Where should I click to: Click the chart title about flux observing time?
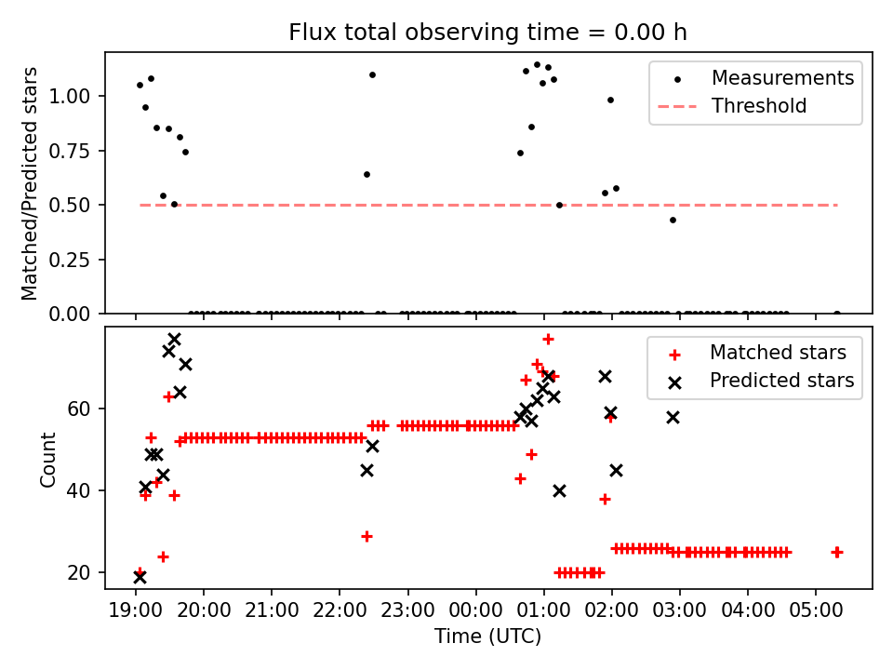487,33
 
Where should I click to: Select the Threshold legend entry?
759,106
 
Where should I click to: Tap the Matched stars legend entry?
778,353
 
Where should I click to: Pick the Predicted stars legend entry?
781,381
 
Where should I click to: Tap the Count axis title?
47,459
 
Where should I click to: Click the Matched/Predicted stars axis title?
30,183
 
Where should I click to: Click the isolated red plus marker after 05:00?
836,552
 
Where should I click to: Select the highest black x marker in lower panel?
174,339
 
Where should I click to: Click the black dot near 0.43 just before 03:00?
673,220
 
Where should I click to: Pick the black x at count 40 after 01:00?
559,490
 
